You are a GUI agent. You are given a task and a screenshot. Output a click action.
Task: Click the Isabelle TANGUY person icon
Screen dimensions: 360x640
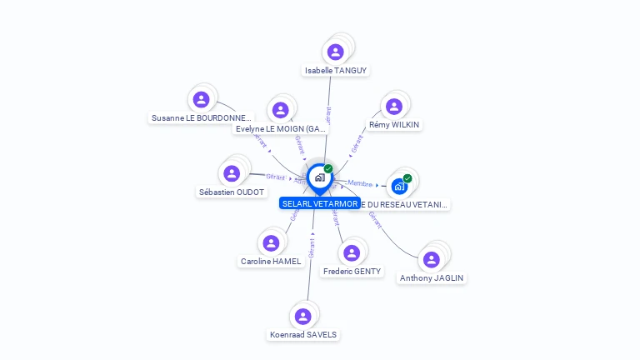pyautogui.click(x=336, y=52)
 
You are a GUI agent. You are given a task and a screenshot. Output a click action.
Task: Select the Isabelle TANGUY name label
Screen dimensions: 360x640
pyautogui.click(x=336, y=71)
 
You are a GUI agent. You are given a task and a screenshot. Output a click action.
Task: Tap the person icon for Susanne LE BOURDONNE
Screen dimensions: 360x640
pyautogui.click(x=201, y=100)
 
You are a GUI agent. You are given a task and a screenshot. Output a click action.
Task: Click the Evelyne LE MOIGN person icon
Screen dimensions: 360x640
pyautogui.click(x=280, y=110)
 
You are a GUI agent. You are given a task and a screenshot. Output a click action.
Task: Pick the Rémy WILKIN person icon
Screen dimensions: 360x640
pyautogui.click(x=394, y=107)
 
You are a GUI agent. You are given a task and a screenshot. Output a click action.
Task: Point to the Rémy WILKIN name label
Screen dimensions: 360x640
pyautogui.click(x=394, y=125)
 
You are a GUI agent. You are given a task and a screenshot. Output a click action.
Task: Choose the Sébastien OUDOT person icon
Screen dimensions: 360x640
pyautogui.click(x=232, y=173)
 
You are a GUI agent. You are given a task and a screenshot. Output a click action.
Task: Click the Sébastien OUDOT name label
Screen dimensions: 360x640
pyautogui.click(x=232, y=192)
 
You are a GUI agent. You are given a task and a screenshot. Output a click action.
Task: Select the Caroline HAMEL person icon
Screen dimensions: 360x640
pyautogui.click(x=271, y=243)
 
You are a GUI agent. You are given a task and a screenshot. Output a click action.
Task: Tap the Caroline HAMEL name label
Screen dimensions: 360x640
pyautogui.click(x=271, y=262)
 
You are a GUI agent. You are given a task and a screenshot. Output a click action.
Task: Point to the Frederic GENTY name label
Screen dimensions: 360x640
pyautogui.click(x=352, y=272)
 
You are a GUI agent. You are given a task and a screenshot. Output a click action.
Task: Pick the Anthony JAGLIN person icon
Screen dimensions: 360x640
pyautogui.click(x=432, y=260)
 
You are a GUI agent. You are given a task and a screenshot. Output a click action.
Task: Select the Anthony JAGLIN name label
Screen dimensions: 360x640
pyautogui.click(x=432, y=278)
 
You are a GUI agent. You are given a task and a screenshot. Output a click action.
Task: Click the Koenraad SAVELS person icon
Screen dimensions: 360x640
pyautogui.click(x=303, y=317)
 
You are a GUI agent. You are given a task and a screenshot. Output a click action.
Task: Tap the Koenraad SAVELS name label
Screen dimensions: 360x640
pyautogui.click(x=303, y=335)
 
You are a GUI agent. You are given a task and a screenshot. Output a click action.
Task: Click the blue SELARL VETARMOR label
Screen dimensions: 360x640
pyautogui.click(x=320, y=203)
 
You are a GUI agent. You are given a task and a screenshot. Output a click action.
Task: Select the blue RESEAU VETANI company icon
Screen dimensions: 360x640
pyautogui.click(x=399, y=186)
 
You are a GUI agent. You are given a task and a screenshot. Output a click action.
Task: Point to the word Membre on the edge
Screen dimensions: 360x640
pyautogui.click(x=360, y=183)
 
